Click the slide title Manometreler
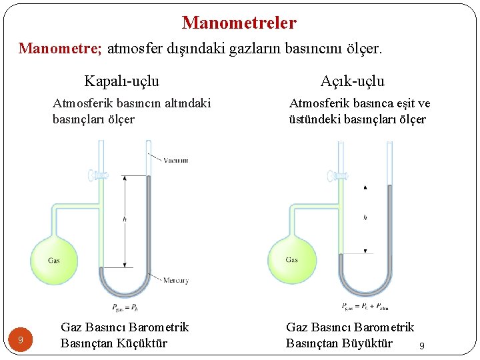click(x=239, y=23)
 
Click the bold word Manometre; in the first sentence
click(x=60, y=48)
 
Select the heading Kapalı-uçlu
click(x=122, y=81)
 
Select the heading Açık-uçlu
click(x=352, y=81)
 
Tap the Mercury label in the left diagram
click(x=176, y=281)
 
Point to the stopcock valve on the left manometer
click(x=95, y=175)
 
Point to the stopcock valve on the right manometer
click(x=333, y=175)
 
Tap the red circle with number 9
click(x=21, y=341)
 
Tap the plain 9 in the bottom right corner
click(x=421, y=346)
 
